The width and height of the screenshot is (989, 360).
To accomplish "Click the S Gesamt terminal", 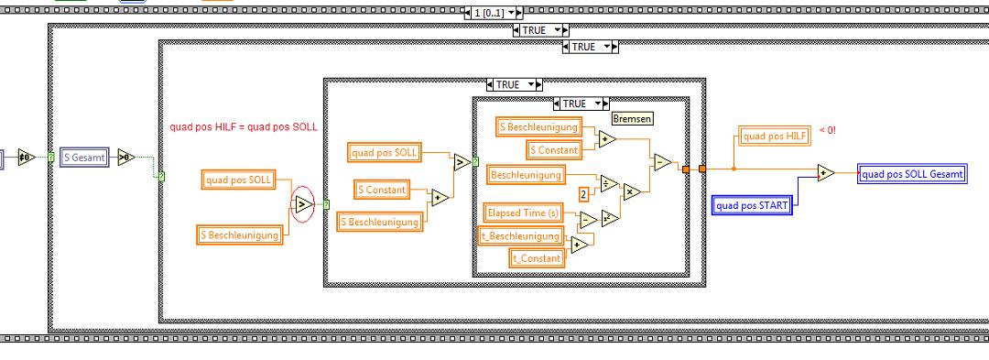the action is pos(85,157).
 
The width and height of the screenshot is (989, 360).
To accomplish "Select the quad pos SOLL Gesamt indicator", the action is pos(912,174).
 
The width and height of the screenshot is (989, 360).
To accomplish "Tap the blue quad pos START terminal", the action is pos(752,205).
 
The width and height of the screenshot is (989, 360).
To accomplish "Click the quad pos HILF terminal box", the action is pos(775,136).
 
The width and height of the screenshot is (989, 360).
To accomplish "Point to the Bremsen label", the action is pos(633,118).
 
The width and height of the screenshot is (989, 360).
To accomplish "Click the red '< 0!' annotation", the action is pos(827,130).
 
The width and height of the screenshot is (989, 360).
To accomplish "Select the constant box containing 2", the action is pos(584,195).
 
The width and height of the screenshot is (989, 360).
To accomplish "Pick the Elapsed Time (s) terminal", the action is pos(522,213).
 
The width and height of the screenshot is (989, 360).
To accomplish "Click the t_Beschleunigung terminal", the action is pos(520,235).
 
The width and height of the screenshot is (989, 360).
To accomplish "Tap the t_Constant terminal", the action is pos(536,258).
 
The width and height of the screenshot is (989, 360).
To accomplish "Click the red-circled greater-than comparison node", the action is pos(302,204).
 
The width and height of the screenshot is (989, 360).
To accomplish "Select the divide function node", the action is pos(609,183).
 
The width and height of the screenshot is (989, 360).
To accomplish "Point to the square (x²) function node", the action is pos(610,218).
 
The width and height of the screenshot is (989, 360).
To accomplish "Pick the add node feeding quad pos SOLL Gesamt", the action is pos(826,173).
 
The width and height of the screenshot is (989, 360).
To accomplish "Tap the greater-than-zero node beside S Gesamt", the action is pos(126,157).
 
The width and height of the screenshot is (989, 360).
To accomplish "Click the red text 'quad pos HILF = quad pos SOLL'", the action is pos(244,126).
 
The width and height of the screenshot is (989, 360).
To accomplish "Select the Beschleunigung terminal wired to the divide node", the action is pos(526,175).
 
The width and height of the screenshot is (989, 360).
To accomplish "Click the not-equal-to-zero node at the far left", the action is pos(26,157).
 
